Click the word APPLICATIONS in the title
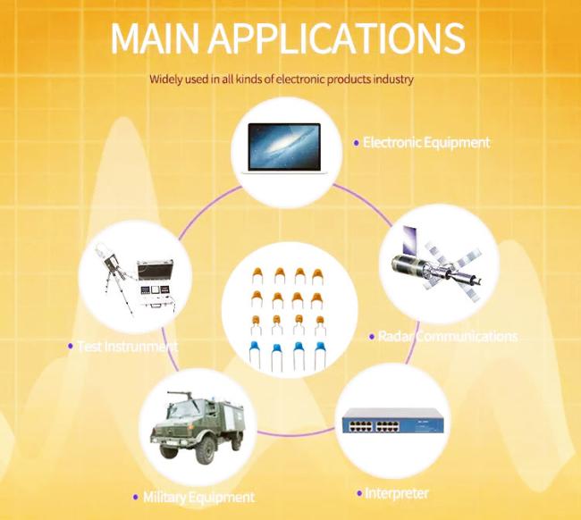tap(336, 38)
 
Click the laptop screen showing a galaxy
tap(284, 147)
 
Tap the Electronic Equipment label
tap(426, 143)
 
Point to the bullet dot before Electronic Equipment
tap(357, 143)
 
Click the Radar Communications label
tap(448, 336)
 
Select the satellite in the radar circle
tap(437, 264)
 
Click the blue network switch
tap(392, 420)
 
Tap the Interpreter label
tap(397, 493)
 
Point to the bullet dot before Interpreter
tap(359, 493)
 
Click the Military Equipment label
tap(199, 497)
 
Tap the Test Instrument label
tap(128, 347)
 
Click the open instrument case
tap(156, 284)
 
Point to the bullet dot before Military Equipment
tap(135, 497)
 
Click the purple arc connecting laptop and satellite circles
tap(366, 202)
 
